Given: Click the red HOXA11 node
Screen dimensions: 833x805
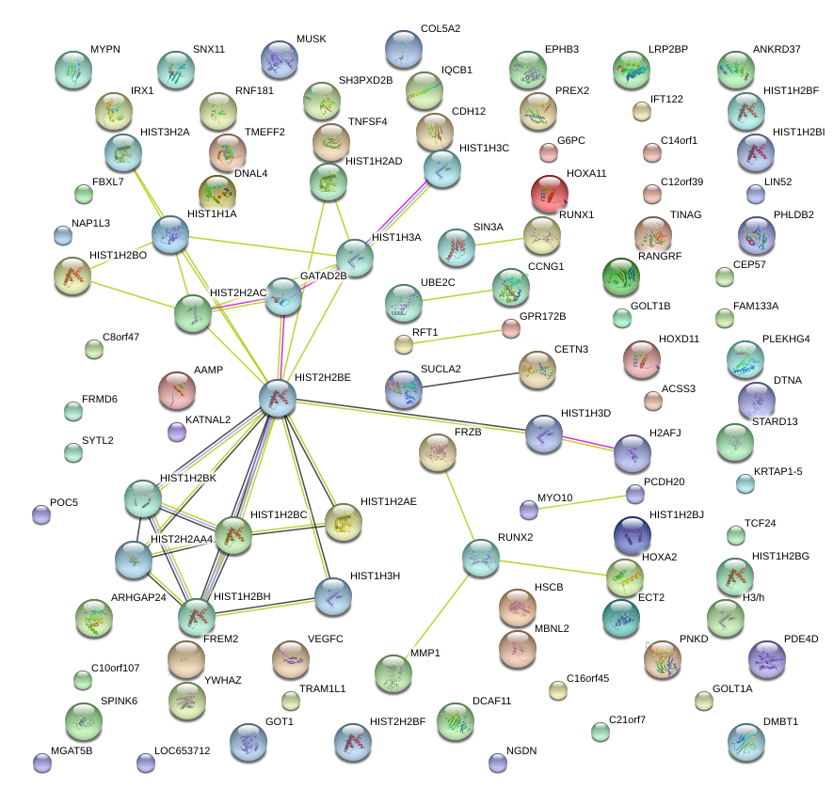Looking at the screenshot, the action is pos(550,194).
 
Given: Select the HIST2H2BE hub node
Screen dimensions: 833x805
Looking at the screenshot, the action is pos(278,399).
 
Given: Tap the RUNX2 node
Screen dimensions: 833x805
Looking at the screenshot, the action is pos(481,559).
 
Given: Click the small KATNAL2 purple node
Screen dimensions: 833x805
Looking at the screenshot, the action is pos(176,433).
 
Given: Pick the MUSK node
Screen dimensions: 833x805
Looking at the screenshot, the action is pos(279,59).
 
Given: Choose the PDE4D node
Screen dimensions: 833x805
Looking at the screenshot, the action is pos(767,659).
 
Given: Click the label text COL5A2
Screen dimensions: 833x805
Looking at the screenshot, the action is pos(441,29).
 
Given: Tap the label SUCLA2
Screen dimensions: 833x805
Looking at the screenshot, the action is pos(441,369).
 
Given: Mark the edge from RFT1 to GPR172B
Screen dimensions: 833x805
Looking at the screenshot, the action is pos(457,336).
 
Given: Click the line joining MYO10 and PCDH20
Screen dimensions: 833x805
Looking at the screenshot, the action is pos(582,502).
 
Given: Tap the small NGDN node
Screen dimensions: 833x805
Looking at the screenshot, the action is pos(497,762).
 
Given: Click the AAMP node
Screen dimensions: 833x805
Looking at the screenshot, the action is pos(177,390).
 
